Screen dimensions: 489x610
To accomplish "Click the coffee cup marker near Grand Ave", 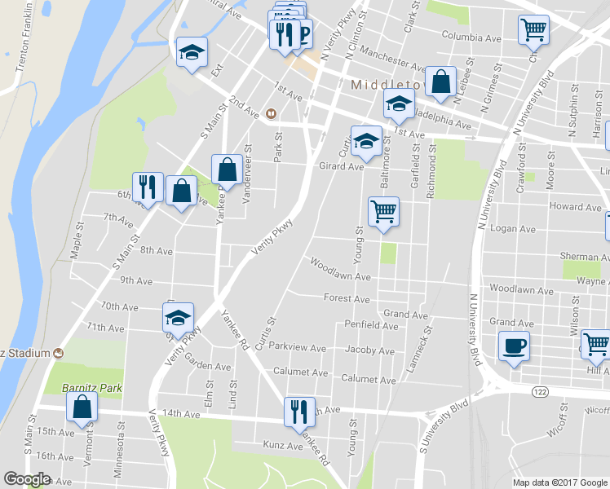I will (514, 346).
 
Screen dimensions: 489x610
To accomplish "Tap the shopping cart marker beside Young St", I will (383, 212).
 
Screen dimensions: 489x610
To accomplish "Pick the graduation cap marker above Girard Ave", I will (366, 141).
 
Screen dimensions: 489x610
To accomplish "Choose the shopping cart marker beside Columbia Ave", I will (533, 30).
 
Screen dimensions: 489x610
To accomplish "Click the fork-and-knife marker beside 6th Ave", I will (148, 187).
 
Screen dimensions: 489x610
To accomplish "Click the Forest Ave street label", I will (347, 299).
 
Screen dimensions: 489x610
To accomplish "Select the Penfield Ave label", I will (371, 326).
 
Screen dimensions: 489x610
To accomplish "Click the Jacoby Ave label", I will (369, 351).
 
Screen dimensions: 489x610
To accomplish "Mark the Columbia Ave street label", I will (471, 37).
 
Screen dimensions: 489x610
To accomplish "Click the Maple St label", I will (77, 242).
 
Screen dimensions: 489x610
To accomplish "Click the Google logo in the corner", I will (27, 479).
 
